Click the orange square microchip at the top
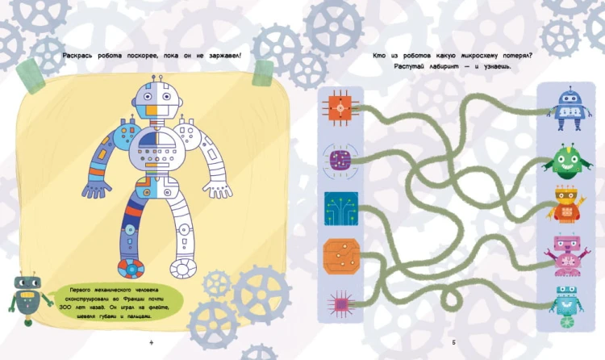coord(340,108)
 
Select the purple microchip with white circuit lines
coord(340,161)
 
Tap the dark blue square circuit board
coord(341,208)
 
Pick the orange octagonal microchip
coord(341,256)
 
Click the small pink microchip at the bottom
coord(340,304)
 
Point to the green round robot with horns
coord(567,161)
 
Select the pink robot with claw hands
coord(566,255)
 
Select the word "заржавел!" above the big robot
coord(225,56)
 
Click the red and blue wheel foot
coord(131,268)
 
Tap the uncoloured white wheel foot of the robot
coord(183,268)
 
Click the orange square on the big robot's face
coord(152,111)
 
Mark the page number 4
coord(152,342)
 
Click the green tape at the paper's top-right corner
coord(263,73)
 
